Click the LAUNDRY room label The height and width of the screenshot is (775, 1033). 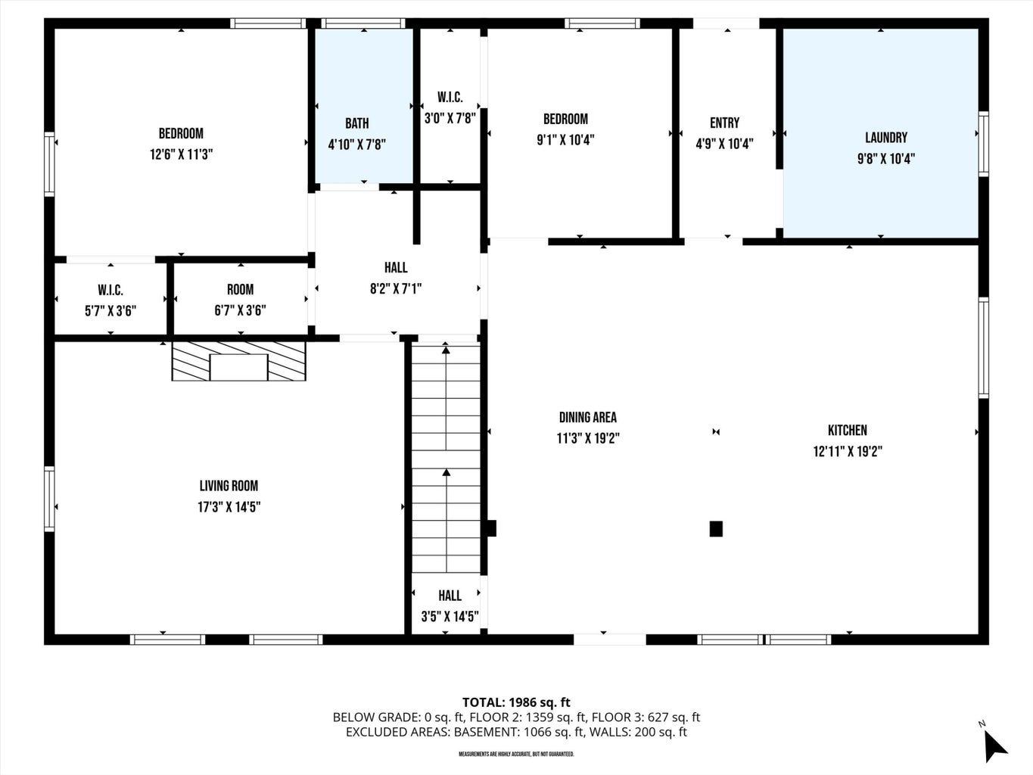click(x=885, y=138)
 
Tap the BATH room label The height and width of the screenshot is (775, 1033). click(x=356, y=123)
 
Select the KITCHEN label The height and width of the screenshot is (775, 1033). click(x=847, y=430)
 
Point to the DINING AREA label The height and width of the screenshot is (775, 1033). click(x=587, y=417)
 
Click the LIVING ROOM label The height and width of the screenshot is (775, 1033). click(x=229, y=486)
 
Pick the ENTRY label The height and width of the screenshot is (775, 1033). click(x=724, y=123)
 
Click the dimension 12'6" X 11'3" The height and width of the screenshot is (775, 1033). click(x=181, y=154)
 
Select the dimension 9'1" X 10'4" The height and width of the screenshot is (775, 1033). click(x=565, y=140)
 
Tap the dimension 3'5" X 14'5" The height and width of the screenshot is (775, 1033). click(x=450, y=617)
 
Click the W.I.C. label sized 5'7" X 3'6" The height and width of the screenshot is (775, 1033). click(x=110, y=290)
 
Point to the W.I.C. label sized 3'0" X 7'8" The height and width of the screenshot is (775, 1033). click(x=450, y=97)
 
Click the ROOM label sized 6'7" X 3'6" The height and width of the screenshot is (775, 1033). click(x=240, y=289)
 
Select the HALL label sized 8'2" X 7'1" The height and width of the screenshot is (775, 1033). click(x=396, y=267)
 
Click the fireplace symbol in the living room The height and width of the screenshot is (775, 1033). click(x=238, y=361)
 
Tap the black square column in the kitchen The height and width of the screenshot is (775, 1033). click(x=716, y=529)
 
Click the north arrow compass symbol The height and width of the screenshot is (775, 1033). click(x=994, y=745)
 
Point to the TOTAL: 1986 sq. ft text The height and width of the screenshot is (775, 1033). click(x=516, y=702)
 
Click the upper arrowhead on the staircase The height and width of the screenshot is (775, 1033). click(x=446, y=349)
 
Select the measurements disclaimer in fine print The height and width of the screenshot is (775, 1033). click(x=516, y=755)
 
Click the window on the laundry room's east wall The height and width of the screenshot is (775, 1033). click(x=983, y=144)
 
